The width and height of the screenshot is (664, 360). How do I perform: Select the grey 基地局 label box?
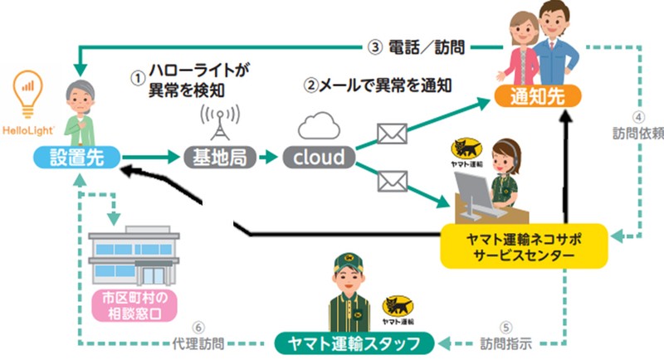[x=215, y=157]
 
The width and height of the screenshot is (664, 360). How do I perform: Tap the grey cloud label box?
[x=319, y=157]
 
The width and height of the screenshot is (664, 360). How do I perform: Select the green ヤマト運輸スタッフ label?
[x=358, y=342]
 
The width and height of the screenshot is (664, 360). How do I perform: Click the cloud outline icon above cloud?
[x=320, y=127]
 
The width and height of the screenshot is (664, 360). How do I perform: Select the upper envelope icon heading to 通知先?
[x=389, y=134]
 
